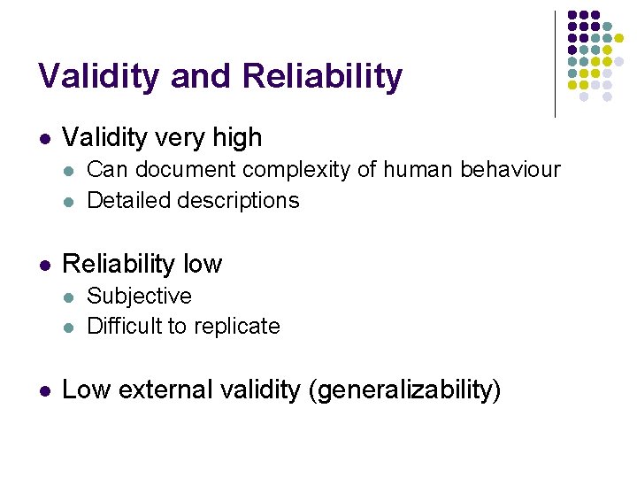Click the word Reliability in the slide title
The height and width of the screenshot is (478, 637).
point(321,77)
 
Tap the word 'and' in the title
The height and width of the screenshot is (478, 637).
point(201,77)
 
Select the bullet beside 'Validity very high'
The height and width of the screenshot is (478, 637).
point(44,138)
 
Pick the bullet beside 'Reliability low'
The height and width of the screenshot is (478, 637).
point(44,265)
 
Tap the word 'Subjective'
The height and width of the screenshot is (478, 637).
point(139,296)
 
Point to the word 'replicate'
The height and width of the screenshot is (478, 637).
point(236,327)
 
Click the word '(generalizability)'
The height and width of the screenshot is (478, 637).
point(403,390)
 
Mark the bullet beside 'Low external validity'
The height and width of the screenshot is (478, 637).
point(44,390)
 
